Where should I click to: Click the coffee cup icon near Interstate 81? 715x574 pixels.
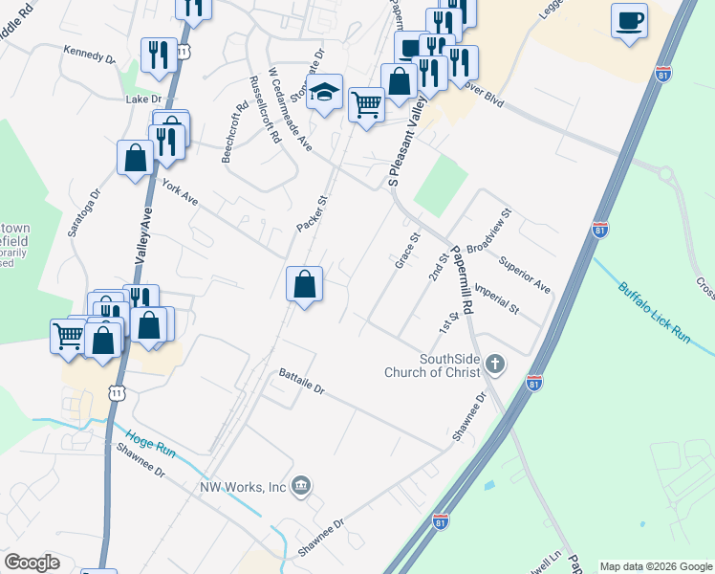pyautogui.click(x=629, y=21)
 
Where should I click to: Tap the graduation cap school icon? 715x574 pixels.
pyautogui.click(x=325, y=93)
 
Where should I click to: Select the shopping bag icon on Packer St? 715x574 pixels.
pyautogui.click(x=304, y=284)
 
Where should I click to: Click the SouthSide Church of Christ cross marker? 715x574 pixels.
pyautogui.click(x=494, y=364)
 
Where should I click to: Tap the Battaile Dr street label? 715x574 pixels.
pyautogui.click(x=302, y=382)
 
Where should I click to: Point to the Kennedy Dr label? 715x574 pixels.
pyautogui.click(x=89, y=54)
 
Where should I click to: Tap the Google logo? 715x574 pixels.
pyautogui.click(x=32, y=563)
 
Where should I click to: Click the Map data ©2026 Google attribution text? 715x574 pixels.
pyautogui.click(x=655, y=566)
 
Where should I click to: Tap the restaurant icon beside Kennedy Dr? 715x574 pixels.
pyautogui.click(x=155, y=54)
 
